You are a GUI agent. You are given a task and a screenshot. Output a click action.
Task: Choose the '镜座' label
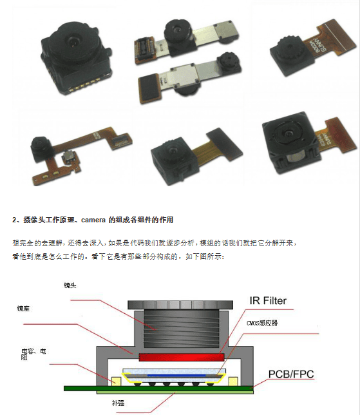click(x=23, y=309)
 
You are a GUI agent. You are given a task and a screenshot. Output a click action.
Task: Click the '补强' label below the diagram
click(x=117, y=403)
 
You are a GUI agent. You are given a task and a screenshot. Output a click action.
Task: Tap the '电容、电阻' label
click(x=33, y=354)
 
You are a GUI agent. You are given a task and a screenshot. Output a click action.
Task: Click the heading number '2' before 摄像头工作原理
click(x=14, y=220)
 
